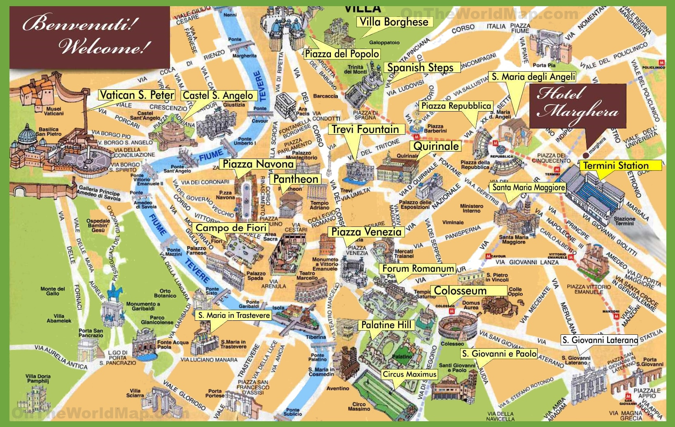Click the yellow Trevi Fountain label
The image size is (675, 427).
pyautogui.click(x=365, y=129)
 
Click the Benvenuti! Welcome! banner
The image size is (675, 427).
pyautogui.click(x=89, y=37)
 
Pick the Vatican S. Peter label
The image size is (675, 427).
pyautogui.click(x=137, y=95)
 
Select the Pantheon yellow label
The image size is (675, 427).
pyautogui.click(x=296, y=179)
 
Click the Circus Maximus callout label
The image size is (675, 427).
pyautogui.click(x=409, y=374)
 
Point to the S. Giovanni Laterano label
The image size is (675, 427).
pyautogui.click(x=600, y=340)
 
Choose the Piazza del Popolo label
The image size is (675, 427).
pyautogui.click(x=342, y=54)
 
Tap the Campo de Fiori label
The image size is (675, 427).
pyautogui.click(x=230, y=228)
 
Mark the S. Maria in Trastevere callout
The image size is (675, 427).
pyautogui.click(x=234, y=315)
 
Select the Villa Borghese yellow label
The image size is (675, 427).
pyautogui.click(x=394, y=22)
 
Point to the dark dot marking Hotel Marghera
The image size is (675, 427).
pyautogui.click(x=585, y=155)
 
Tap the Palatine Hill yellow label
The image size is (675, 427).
pyautogui.click(x=386, y=325)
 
